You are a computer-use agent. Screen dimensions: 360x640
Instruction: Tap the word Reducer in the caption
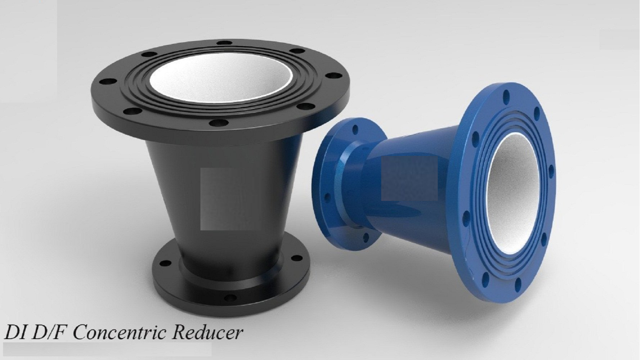(x=207, y=332)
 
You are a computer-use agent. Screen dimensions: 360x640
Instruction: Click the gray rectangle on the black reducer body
(x=216, y=199)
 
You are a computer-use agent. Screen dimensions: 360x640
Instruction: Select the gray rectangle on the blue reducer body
(x=409, y=178)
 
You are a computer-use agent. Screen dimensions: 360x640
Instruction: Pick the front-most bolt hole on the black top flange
(x=219, y=123)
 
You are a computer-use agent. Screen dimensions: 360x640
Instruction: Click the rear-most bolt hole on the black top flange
(x=225, y=43)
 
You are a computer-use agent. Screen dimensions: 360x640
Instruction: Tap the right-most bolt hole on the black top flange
(x=334, y=76)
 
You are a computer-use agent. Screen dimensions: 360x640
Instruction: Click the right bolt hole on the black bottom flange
(x=296, y=258)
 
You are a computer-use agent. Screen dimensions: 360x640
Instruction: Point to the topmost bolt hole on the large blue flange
(x=506, y=96)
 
